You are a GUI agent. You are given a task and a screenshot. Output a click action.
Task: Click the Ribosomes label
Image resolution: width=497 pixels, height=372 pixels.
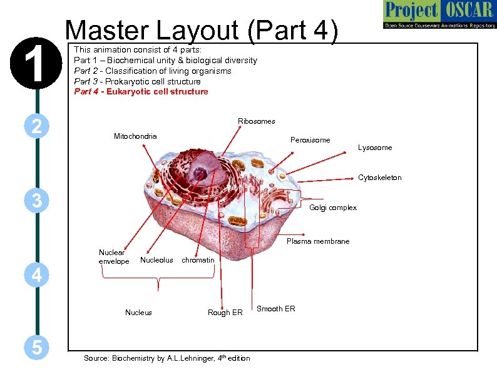[256, 121]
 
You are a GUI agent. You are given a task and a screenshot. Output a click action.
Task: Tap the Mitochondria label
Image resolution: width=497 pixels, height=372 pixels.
[135, 136]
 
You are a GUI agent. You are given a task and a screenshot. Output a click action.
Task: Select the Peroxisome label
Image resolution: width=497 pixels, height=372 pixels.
[310, 140]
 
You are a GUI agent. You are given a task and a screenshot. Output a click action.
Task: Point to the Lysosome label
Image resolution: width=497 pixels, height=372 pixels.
[375, 148]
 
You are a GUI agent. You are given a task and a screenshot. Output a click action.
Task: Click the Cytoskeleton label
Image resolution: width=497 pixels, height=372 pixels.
[379, 178]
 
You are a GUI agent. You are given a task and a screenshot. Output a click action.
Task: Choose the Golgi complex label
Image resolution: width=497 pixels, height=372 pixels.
[333, 208]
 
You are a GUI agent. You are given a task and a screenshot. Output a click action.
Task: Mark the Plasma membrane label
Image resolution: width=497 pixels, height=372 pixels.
[317, 241]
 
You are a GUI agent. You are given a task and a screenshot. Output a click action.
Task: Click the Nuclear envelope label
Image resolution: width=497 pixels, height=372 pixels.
[114, 256]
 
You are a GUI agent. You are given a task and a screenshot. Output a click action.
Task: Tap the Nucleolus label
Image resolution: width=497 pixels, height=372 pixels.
[156, 260]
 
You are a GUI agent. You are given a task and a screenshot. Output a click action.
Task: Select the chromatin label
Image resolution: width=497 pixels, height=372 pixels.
[198, 260]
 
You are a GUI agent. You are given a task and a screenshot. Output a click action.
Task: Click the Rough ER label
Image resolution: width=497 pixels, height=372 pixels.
[225, 313]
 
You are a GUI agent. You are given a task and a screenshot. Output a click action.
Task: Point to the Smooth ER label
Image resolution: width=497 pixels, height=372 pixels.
[275, 309]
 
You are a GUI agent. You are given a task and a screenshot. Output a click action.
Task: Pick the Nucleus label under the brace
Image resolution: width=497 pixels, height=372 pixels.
[138, 313]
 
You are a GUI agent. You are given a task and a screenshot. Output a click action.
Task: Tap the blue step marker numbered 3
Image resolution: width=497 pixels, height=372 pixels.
[37, 201]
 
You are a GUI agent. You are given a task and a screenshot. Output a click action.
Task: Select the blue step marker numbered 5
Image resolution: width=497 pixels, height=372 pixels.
[37, 348]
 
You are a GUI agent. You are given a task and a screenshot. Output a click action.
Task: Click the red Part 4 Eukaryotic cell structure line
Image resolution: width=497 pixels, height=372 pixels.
[141, 92]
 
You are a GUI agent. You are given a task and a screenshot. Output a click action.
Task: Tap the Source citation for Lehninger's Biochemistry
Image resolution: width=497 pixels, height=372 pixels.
[167, 358]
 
